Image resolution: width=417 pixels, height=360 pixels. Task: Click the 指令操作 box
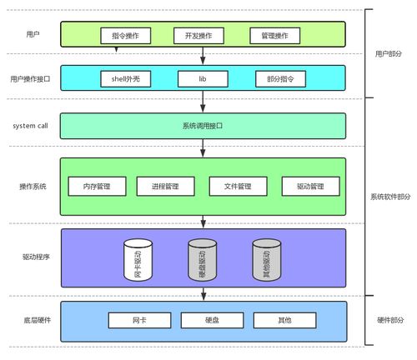(x=125, y=36)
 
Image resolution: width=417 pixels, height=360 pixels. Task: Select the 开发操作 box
(x=198, y=36)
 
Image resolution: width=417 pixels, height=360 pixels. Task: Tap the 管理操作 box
(x=274, y=36)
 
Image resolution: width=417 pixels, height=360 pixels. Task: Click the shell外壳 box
(x=123, y=79)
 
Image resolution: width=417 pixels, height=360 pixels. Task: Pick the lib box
(x=202, y=79)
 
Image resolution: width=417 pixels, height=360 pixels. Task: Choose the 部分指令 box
(x=280, y=79)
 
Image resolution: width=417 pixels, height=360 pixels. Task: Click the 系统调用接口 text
(x=203, y=126)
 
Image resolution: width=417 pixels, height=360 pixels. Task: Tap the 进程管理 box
(x=165, y=186)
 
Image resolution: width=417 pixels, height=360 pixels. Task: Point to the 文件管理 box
(x=238, y=186)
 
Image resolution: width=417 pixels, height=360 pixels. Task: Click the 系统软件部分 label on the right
(x=390, y=197)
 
